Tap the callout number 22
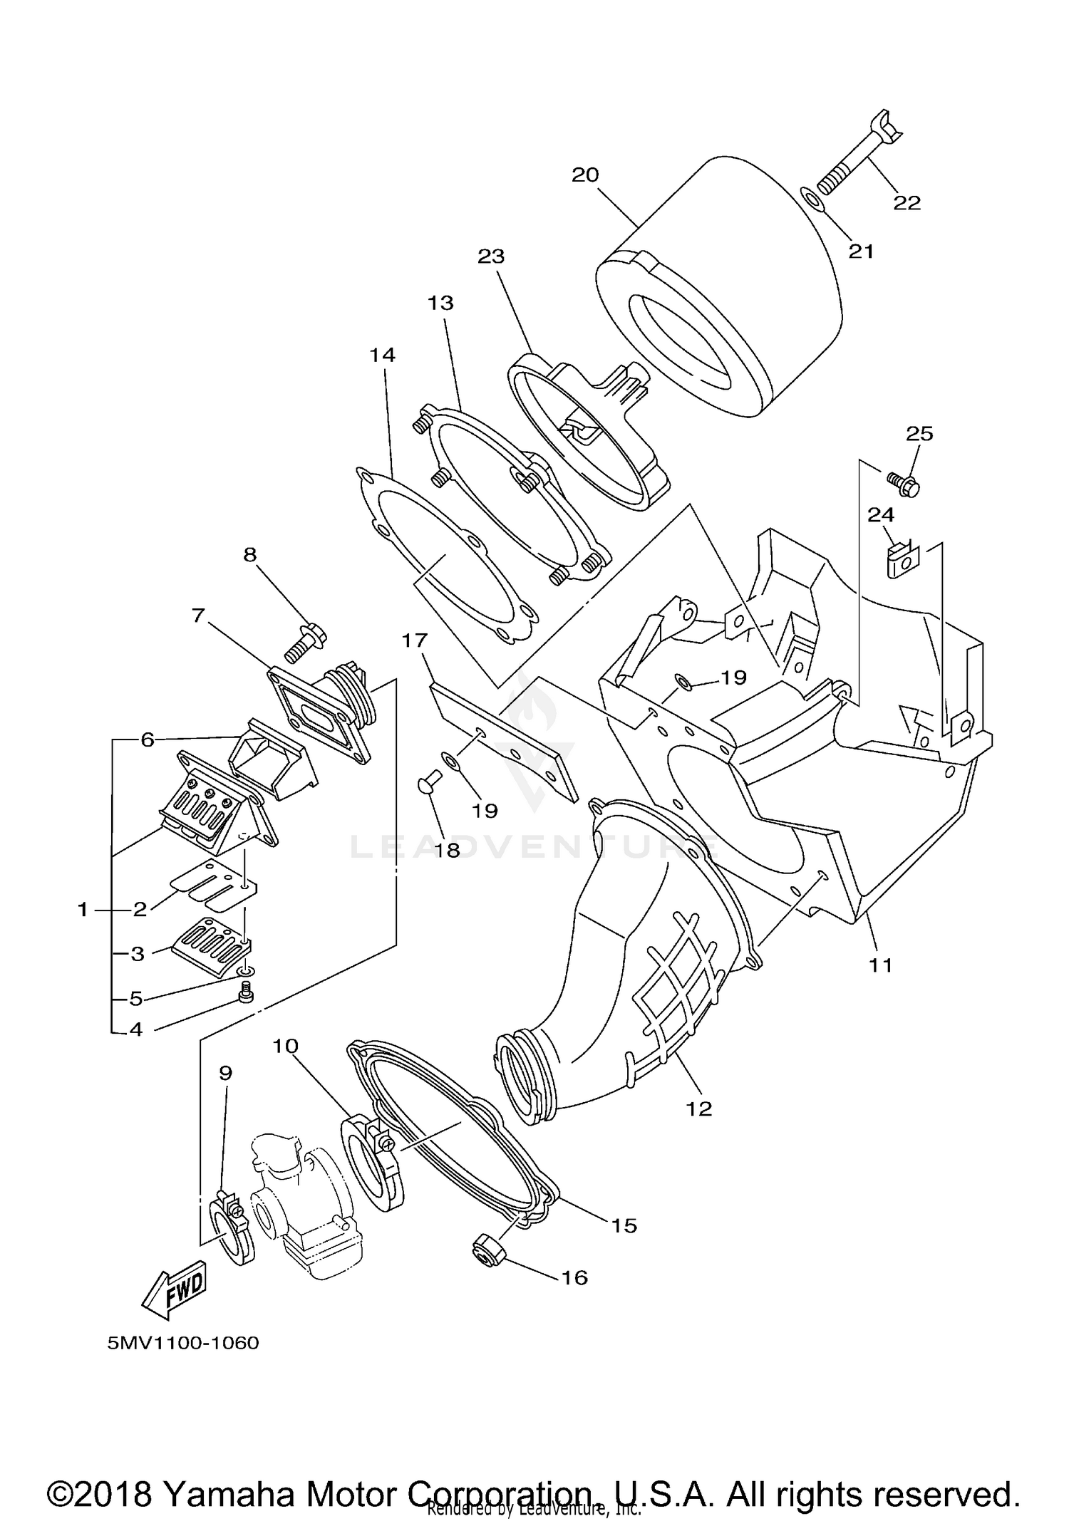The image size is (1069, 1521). coord(907,203)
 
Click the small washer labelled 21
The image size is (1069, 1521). coord(815,200)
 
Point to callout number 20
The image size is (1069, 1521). coord(585,175)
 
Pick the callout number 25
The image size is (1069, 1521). coord(919,433)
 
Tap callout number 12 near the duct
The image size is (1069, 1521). coord(699,1108)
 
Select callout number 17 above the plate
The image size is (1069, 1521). coord(414,640)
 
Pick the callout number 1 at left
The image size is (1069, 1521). coord(83,909)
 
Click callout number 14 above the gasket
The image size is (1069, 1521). coord(383,355)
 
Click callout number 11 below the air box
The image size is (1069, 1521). coord(880,965)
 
